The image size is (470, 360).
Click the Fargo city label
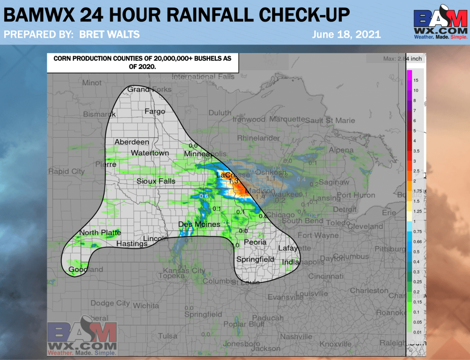[155, 112]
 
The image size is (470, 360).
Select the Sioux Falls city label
[156, 181]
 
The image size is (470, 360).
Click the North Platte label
[100, 233]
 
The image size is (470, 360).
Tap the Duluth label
[220, 112]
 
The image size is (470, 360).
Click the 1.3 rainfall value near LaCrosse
[233, 181]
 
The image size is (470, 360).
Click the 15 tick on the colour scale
[415, 80]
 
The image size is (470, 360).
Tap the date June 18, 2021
[346, 34]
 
